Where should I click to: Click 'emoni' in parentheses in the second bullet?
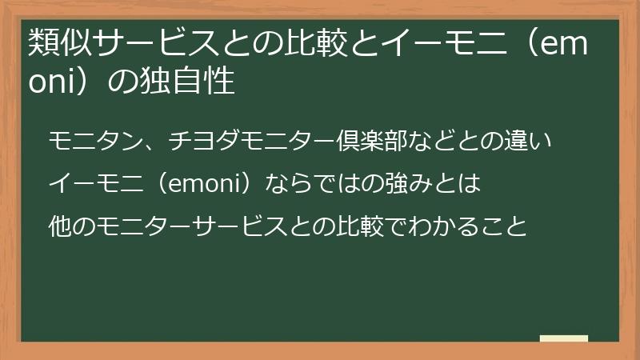pos(206,184)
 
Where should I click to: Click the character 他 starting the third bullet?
pos(59,226)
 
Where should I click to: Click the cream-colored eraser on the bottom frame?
pos(564,338)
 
